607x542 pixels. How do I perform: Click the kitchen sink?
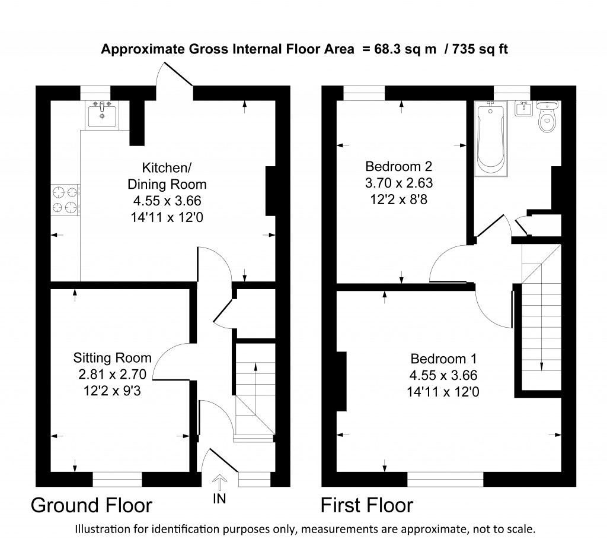tap(103, 114)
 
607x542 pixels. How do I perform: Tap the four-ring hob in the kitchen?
tap(65, 199)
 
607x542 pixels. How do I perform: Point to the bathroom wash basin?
tap(522, 110)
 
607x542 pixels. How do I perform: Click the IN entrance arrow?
tap(219, 482)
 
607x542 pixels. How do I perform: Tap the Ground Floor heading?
tap(91, 505)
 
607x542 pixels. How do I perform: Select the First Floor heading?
tap(367, 505)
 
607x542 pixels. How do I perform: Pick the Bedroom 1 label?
tap(443, 359)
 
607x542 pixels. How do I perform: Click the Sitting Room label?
tap(112, 358)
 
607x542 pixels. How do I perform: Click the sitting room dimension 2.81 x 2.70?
tap(112, 375)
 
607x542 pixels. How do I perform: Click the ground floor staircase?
tap(255, 392)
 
